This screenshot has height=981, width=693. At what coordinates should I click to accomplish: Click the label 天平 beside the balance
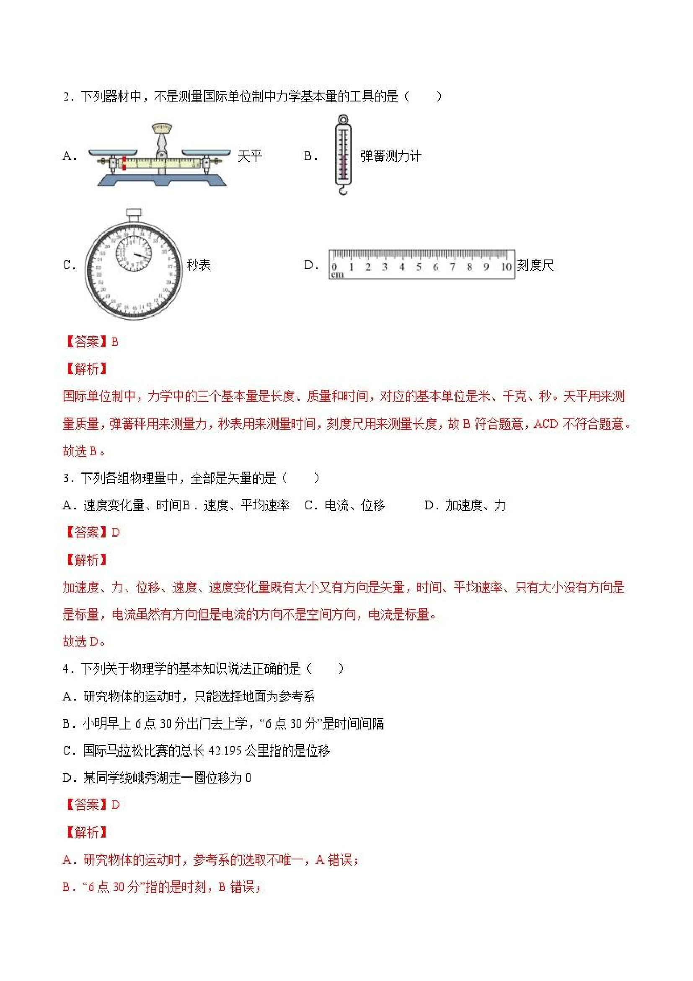tap(249, 156)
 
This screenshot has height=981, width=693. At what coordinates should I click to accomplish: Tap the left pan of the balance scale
tap(112, 152)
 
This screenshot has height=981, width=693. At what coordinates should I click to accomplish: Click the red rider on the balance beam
tap(124, 163)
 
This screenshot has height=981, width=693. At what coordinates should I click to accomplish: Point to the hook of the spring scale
tap(343, 190)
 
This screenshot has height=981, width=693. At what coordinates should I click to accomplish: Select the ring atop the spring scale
tap(343, 119)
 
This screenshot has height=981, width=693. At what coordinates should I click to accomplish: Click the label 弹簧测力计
tap(390, 156)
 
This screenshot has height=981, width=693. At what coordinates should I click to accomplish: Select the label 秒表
tap(199, 265)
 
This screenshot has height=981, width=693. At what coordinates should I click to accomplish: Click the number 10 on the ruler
tap(506, 267)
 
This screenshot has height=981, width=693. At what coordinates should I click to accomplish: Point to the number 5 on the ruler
tap(419, 267)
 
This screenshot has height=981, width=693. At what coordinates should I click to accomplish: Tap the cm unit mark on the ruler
tap(337, 275)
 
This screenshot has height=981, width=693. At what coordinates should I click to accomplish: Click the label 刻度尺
tap(535, 265)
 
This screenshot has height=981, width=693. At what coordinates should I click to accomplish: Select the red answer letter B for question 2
tap(114, 342)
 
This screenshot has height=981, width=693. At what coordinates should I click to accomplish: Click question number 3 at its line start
tap(66, 478)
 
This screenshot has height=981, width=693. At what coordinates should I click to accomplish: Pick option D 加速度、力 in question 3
tap(465, 506)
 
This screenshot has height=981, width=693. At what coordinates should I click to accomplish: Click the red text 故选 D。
tap(84, 641)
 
